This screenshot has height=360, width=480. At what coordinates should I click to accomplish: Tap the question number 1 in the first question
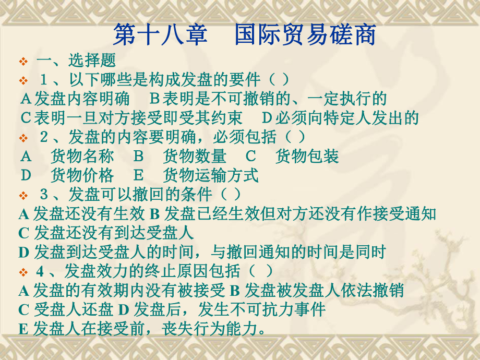coord(44,80)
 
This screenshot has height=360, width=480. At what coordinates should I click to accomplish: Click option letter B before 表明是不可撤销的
coord(155,99)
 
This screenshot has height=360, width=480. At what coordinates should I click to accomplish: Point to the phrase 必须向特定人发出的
coord(346,117)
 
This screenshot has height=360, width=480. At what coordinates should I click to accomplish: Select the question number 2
coord(44,137)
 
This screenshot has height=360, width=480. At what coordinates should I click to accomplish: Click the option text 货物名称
coord(82,156)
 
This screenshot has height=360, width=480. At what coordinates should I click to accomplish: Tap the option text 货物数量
coord(195,156)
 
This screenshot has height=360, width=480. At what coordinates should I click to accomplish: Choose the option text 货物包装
coord(307,156)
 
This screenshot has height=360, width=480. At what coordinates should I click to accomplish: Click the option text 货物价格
coord(82,175)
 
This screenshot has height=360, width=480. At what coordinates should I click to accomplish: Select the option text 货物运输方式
coord(211,175)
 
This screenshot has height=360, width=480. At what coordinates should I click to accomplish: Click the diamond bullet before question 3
coord(23,196)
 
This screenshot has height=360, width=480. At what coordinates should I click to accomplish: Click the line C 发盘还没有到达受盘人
coord(106,233)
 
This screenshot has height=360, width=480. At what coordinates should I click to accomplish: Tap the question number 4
coord(41,271)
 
